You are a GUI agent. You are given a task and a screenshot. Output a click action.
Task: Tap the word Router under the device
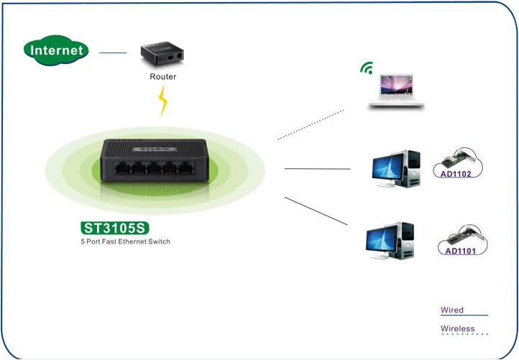tap(162, 76)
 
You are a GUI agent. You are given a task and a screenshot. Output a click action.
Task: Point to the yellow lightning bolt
tap(163, 103)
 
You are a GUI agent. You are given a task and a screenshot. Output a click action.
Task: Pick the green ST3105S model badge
tap(115, 229)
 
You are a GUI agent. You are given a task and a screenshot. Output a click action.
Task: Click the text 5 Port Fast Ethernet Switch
tap(125, 242)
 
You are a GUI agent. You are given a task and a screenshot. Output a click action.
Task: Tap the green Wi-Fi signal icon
tap(367, 69)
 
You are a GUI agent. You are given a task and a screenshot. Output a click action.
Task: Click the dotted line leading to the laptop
tap(311, 123)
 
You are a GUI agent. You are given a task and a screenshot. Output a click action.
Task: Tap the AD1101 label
tap(460, 251)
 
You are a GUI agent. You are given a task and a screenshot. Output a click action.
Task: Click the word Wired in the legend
tap(452, 310)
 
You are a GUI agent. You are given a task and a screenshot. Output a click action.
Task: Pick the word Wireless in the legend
tap(458, 328)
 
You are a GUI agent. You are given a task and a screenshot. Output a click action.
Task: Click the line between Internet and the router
tap(113, 52)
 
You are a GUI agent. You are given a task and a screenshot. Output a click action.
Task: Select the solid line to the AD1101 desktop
tap(316, 213)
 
